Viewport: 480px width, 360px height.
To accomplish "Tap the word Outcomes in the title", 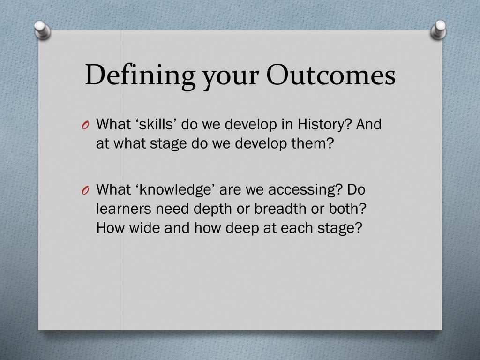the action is click(x=331, y=75).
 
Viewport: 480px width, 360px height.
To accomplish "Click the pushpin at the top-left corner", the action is click(x=42, y=30).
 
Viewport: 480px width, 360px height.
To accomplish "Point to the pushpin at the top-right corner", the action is click(x=438, y=30).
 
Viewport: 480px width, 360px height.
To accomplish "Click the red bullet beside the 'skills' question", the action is click(x=85, y=125).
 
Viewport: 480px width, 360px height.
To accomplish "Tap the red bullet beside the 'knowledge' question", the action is click(x=85, y=190).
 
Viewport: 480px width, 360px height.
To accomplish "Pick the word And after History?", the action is click(x=369, y=124).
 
